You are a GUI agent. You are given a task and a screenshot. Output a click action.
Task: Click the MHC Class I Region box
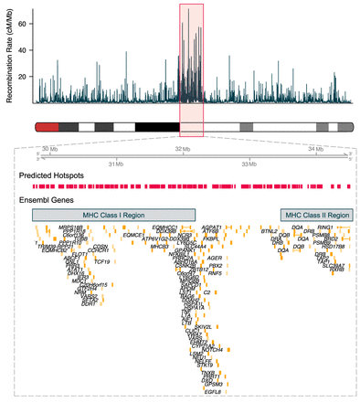(114, 214)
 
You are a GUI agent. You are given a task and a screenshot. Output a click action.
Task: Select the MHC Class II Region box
(316, 214)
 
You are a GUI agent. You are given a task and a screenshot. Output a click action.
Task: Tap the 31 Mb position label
(115, 164)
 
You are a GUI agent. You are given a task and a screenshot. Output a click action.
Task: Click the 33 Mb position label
(249, 164)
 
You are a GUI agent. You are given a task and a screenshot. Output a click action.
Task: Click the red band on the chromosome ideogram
(47, 127)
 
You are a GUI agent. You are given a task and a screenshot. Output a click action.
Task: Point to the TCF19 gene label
(102, 261)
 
